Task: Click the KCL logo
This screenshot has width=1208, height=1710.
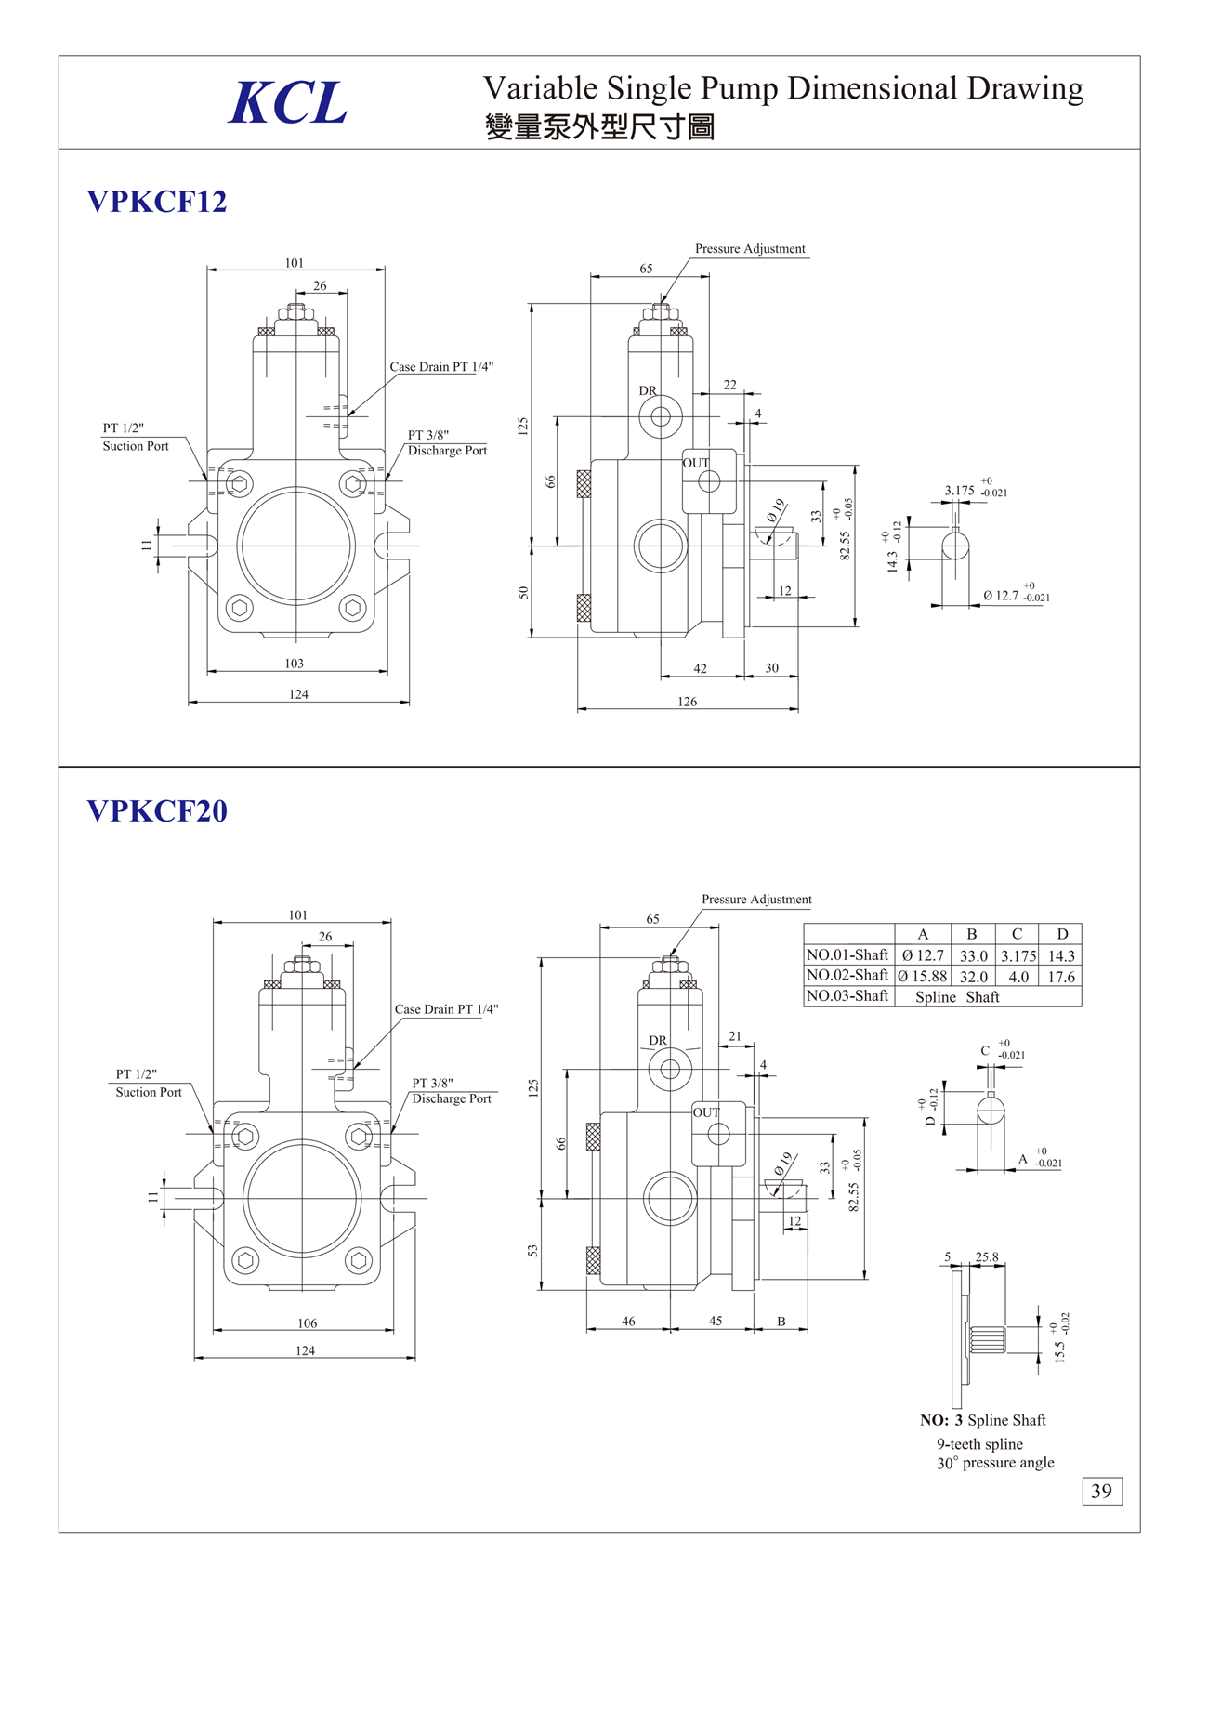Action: tap(288, 102)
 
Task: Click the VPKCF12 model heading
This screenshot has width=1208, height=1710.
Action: tap(157, 202)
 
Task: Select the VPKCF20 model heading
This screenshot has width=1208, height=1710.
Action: tap(157, 811)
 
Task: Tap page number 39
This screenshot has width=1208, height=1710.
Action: tap(1102, 1491)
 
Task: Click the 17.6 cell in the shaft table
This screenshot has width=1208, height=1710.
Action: tap(1061, 977)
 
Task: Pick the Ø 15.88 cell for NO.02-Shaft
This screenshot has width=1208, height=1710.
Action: tap(923, 977)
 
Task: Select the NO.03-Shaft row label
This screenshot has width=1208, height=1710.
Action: tap(847, 996)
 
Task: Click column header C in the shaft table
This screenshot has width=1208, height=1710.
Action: tap(1017, 934)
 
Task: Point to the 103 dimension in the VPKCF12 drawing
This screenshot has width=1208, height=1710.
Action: tap(295, 664)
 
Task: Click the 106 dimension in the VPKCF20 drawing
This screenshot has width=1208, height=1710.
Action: tap(308, 1323)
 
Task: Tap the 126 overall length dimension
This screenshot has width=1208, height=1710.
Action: tap(687, 702)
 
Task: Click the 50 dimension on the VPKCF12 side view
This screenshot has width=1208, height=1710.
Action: tap(524, 592)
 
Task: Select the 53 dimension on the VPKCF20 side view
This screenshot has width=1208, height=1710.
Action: tap(533, 1251)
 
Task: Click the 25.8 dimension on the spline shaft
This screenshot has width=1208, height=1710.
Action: tap(987, 1257)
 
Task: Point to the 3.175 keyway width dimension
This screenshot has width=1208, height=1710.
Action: tap(959, 491)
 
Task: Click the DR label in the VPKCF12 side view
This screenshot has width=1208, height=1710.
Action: tap(648, 391)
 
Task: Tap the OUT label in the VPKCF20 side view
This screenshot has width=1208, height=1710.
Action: tap(706, 1112)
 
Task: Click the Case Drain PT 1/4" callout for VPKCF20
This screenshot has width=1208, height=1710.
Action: tap(446, 1009)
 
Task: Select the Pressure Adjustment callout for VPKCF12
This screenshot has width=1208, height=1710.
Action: tap(750, 249)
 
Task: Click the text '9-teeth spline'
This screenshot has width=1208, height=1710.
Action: tap(979, 1444)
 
